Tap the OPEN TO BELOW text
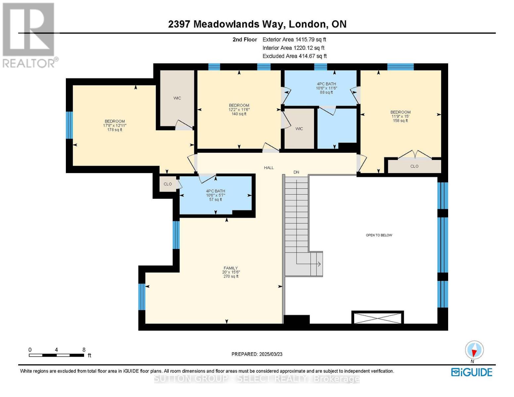pyautogui.click(x=379, y=235)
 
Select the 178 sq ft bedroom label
pyautogui.click(x=115, y=125)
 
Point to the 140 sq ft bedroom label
pyautogui.click(x=239, y=110)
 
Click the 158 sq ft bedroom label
pyautogui.click(x=400, y=116)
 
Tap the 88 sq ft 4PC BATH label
pyautogui.click(x=326, y=88)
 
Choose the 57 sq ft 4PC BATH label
pyautogui.click(x=215, y=195)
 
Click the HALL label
pyautogui.click(x=269, y=168)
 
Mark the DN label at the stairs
pyautogui.click(x=296, y=172)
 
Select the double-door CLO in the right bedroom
pyautogui.click(x=414, y=166)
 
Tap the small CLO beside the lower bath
pyautogui.click(x=168, y=184)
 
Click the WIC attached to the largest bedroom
pyautogui.click(x=177, y=98)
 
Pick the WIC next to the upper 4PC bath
pyautogui.click(x=299, y=129)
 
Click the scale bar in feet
pyautogui.click(x=56, y=355)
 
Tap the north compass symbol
pyautogui.click(x=474, y=350)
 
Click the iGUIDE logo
pyautogui.click(x=472, y=372)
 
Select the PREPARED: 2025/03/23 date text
pyautogui.click(x=257, y=354)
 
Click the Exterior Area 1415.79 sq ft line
pyautogui.click(x=294, y=39)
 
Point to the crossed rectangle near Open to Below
pyautogui.click(x=378, y=318)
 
